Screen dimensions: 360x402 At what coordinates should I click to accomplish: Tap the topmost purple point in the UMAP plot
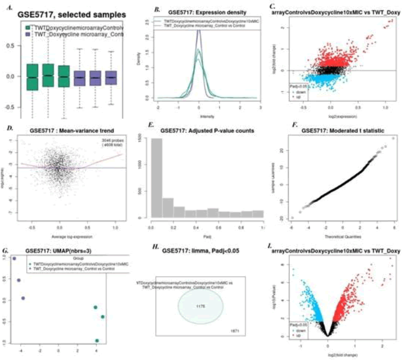click(x=15, y=259)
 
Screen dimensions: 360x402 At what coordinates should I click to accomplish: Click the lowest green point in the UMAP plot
click(x=97, y=341)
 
